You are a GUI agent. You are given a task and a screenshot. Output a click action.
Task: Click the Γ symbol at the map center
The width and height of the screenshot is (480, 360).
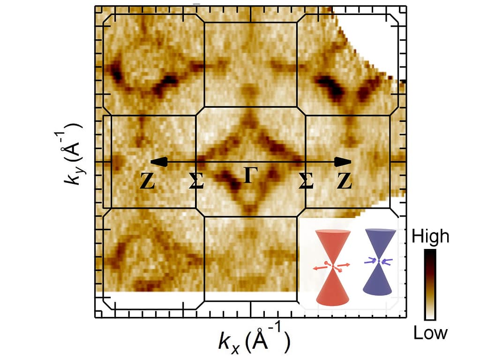250,175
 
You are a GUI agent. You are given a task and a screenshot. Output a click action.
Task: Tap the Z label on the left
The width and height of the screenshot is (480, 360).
148,182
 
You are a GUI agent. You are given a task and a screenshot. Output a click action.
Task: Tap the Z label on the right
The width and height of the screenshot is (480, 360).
345,182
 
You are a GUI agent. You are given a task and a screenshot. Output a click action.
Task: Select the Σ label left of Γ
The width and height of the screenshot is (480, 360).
196,182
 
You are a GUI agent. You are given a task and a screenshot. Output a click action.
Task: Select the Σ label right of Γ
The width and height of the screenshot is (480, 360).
306,182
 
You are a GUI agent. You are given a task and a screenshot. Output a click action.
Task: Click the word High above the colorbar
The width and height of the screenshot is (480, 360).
430,236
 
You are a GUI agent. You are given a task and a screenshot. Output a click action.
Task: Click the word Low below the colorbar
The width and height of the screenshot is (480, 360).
430,333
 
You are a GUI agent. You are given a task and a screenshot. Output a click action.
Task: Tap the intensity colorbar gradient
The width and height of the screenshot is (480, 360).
430,285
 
